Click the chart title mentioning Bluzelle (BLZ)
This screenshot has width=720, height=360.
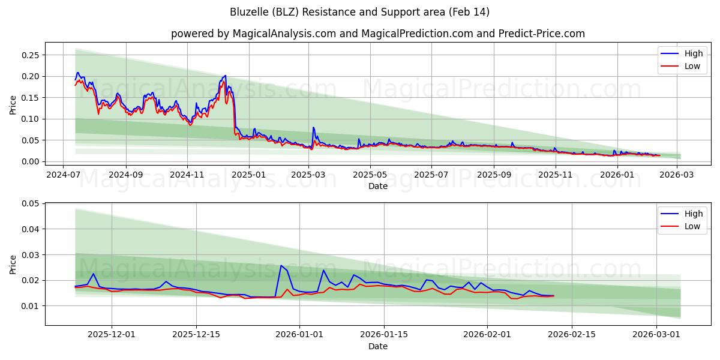tap(359, 12)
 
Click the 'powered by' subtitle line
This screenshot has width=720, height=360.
tap(377, 34)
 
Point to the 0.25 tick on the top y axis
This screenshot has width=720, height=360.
tap(30, 55)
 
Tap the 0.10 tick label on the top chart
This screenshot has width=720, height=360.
tap(30, 119)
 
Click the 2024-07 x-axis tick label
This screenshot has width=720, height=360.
tap(64, 175)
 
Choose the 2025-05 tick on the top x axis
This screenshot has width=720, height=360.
tap(370, 175)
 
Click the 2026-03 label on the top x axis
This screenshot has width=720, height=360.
tap(677, 175)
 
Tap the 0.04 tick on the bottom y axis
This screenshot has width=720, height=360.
tap(30, 229)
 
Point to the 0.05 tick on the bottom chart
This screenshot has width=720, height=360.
tap(30, 203)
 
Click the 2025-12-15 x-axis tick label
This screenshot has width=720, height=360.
tap(196, 335)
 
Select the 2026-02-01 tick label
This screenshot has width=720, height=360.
tap(487, 335)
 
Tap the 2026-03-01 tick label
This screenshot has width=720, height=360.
tap(656, 335)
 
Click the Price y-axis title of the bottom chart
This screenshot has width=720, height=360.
tap(13, 265)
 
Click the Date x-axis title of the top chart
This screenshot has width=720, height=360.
tap(377, 186)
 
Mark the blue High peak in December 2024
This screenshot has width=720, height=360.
tap(226, 76)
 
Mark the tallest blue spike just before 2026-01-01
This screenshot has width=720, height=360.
tap(281, 265)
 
